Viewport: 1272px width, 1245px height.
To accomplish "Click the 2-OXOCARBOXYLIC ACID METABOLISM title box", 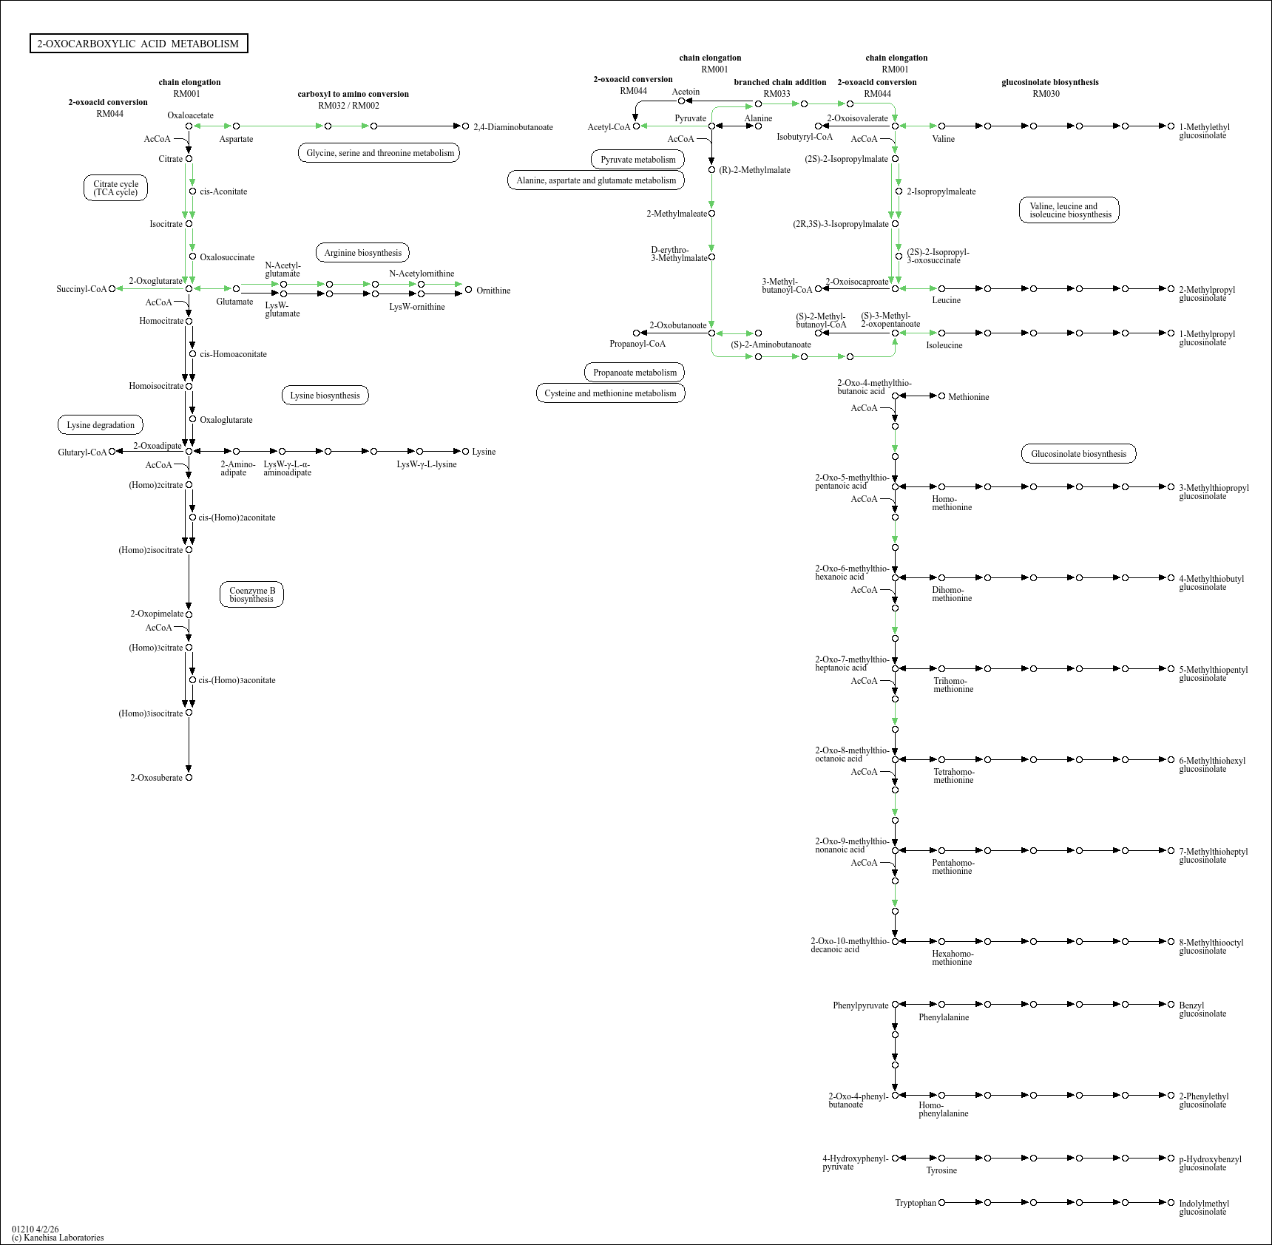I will point(138,44).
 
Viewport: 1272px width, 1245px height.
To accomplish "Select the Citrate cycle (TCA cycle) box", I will point(115,189).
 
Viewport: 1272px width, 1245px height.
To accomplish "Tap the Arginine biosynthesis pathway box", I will point(362,253).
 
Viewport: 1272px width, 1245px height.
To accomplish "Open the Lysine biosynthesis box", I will point(325,396).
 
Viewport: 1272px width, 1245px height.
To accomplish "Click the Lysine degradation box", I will point(101,425).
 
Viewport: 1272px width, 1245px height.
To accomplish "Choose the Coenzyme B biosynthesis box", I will point(251,594).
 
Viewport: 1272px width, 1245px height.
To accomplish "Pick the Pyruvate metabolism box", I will point(637,160).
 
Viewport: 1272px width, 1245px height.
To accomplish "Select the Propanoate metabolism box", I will point(635,373).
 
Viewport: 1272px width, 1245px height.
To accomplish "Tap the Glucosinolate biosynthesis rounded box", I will point(1078,454).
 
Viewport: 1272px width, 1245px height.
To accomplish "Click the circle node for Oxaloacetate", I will point(189,126).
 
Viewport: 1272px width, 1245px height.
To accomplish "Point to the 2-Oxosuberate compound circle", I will point(189,778).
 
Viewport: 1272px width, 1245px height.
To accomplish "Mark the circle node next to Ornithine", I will point(468,290).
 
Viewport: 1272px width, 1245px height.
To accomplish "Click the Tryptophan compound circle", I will point(941,1203).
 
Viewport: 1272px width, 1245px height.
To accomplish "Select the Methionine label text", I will point(968,397).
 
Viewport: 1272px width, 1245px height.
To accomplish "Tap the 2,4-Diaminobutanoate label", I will point(513,127).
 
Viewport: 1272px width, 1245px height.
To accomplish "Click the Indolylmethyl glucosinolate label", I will point(1203,1207).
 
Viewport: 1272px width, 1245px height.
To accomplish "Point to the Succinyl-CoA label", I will point(81,289).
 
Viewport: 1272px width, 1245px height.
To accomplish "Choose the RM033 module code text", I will point(777,94).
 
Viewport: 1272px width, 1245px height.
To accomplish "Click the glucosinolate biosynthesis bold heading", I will point(1049,82).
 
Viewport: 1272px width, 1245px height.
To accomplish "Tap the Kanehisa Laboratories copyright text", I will point(58,1238).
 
